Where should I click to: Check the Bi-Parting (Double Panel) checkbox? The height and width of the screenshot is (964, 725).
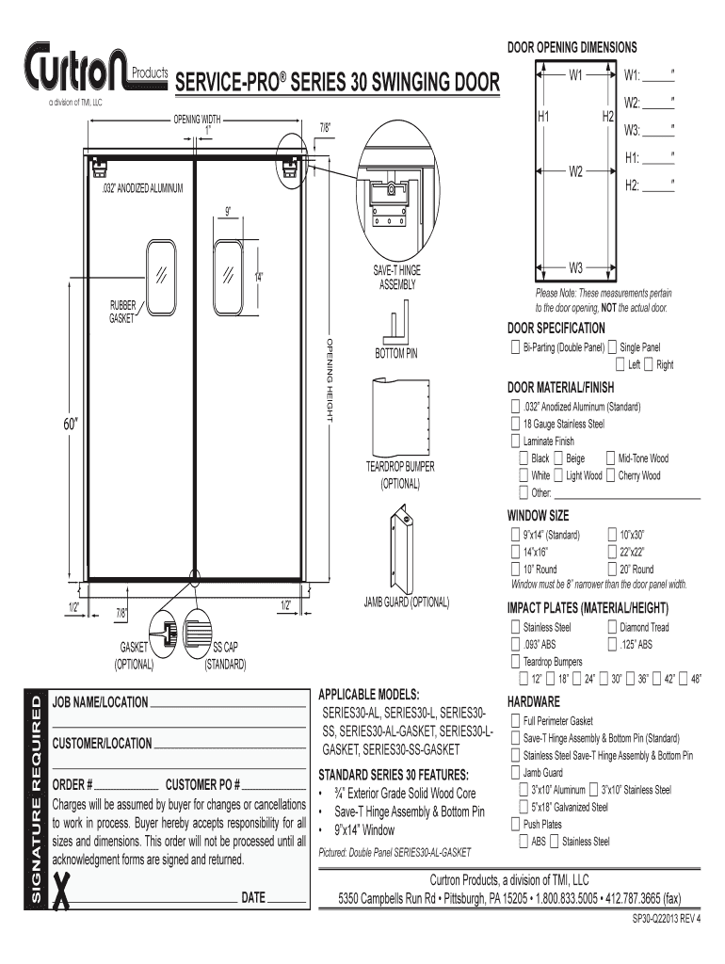click(514, 347)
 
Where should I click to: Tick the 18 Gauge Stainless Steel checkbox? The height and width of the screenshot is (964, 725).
click(514, 424)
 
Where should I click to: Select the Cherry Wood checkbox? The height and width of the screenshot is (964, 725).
click(609, 475)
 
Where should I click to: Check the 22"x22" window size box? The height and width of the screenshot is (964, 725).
click(613, 552)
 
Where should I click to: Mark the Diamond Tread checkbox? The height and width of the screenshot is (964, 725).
click(613, 627)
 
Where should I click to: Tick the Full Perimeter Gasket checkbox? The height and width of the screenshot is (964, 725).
click(514, 720)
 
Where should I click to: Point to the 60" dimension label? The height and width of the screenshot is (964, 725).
click(69, 424)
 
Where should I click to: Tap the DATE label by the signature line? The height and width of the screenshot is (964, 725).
click(253, 897)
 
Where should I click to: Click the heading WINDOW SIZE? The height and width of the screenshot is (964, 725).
click(538, 516)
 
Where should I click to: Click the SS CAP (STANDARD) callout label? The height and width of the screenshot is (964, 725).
click(226, 655)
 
